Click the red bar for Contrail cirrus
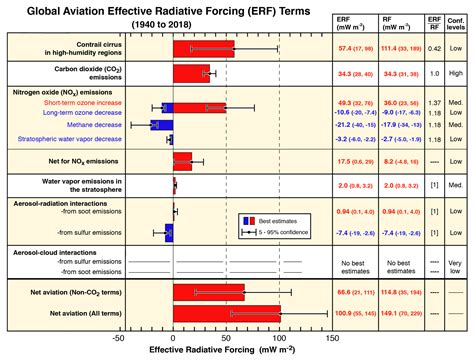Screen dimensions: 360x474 [204, 48]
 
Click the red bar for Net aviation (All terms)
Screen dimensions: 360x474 [226, 314]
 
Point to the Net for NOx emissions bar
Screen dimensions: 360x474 [182, 160]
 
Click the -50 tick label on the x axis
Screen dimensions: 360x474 [120, 338]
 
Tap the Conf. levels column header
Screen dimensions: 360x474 [456, 21]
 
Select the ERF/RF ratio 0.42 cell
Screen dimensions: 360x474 [433, 48]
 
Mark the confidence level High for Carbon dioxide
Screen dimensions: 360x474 [456, 74]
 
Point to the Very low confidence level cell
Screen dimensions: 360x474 [456, 264]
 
